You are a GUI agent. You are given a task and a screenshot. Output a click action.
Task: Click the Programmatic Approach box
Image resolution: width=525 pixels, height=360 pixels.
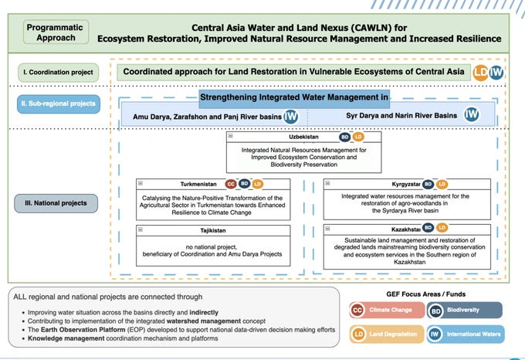[x=55, y=32]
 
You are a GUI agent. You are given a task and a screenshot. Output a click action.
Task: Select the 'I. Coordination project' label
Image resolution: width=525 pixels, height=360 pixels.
[x=59, y=73]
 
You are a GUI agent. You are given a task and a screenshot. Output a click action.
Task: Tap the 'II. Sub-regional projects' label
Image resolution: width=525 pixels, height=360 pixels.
[x=59, y=104]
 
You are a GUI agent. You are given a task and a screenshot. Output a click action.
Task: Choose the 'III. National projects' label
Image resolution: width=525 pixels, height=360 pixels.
[x=59, y=203]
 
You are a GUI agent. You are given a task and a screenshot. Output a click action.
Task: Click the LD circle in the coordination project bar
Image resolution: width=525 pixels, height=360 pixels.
[x=481, y=73]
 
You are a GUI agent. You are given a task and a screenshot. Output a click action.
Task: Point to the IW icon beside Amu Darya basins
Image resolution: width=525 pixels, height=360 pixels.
[x=291, y=116]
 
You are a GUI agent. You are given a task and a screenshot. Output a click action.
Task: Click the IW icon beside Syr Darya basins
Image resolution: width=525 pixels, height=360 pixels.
[x=472, y=115]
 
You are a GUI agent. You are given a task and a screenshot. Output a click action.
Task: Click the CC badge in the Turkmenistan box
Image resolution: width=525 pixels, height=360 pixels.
[x=230, y=184]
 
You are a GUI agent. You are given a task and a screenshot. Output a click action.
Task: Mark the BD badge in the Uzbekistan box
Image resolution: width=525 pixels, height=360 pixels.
[x=344, y=137]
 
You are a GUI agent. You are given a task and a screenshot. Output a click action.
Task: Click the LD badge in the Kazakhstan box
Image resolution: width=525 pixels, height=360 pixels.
[x=442, y=228]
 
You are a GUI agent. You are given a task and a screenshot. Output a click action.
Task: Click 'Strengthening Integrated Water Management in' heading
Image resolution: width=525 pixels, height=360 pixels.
[x=293, y=97]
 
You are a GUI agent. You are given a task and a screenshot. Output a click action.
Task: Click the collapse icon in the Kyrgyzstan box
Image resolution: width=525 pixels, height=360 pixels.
[x=328, y=184]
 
